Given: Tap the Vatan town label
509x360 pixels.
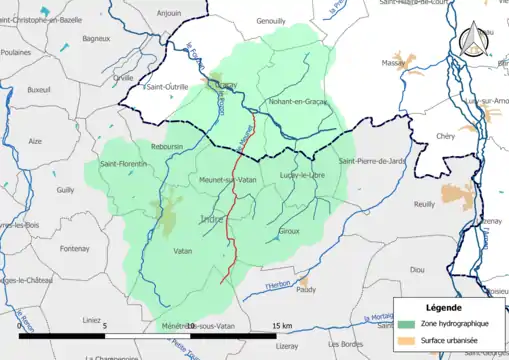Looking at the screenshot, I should [x=182, y=251].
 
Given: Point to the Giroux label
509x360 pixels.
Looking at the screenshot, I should [x=287, y=231].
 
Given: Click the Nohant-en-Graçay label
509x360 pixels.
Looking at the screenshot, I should [x=298, y=102].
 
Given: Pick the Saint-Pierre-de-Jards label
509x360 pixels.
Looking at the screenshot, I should [x=374, y=162].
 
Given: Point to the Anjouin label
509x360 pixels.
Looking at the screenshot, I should [x=169, y=14].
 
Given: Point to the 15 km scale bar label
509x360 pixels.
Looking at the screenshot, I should [x=281, y=326].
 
